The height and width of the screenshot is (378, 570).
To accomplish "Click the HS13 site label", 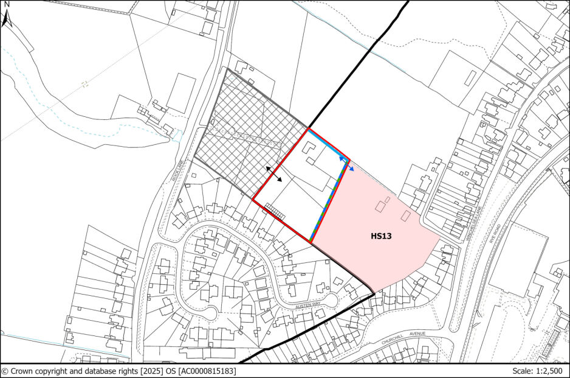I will (x=380, y=236).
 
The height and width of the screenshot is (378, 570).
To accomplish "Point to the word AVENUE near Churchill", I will (x=417, y=334).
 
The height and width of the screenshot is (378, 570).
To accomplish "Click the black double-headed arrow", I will (x=273, y=173).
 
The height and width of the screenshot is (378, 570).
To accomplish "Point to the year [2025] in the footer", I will (x=146, y=371).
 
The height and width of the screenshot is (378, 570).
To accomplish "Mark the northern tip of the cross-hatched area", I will (x=227, y=69).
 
